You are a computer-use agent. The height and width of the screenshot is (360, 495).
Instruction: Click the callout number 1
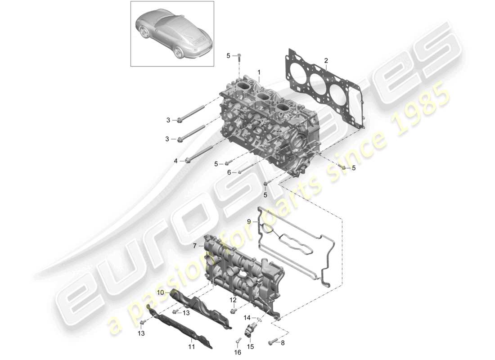click(259, 72)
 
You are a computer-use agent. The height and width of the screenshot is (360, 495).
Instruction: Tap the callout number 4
click(176, 160)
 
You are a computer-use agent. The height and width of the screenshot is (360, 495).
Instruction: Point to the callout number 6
click(229, 172)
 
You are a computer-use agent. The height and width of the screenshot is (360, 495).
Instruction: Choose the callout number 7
click(195, 246)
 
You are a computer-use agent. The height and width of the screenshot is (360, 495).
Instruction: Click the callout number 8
click(283, 343)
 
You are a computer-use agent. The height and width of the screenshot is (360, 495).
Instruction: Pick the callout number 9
click(248, 221)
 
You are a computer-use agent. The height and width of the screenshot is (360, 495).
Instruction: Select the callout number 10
click(160, 292)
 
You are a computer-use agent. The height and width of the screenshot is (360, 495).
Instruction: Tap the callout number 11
click(191, 347)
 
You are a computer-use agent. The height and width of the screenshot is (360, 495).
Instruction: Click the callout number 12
click(233, 299)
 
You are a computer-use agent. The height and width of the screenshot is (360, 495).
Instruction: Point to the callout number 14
click(247, 318)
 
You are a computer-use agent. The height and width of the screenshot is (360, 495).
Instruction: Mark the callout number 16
click(238, 352)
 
